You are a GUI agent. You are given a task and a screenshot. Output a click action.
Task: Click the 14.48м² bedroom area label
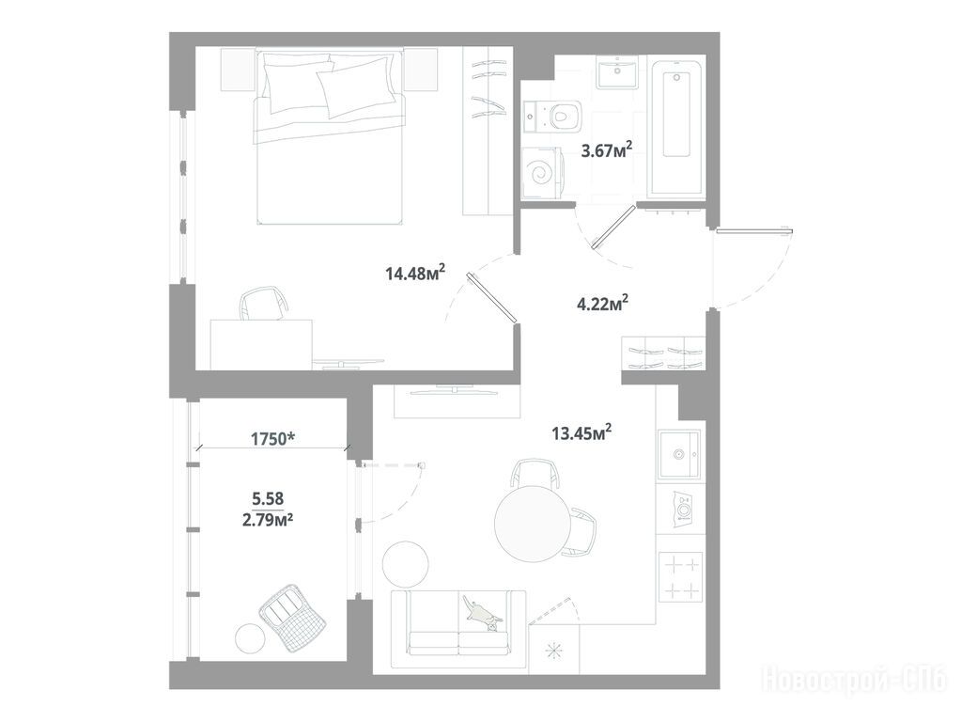[415, 273]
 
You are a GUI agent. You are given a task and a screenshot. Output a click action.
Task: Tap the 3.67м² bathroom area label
[606, 149]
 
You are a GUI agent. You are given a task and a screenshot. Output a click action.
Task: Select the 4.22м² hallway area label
[604, 303]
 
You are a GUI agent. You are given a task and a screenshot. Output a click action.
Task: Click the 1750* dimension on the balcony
[273, 439]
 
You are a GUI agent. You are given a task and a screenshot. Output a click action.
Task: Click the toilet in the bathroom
[552, 116]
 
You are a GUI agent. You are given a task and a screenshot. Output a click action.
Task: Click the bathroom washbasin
[618, 72]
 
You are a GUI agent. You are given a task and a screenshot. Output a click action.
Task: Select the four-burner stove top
[680, 577]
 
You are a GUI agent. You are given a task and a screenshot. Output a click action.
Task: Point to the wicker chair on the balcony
[292, 617]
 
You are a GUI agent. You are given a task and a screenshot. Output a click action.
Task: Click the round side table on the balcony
[251, 638]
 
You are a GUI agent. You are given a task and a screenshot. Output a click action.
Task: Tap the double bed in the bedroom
[330, 138]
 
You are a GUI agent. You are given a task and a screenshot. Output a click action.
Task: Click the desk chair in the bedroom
[264, 305]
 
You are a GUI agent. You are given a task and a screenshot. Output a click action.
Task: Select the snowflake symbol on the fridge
[554, 651]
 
